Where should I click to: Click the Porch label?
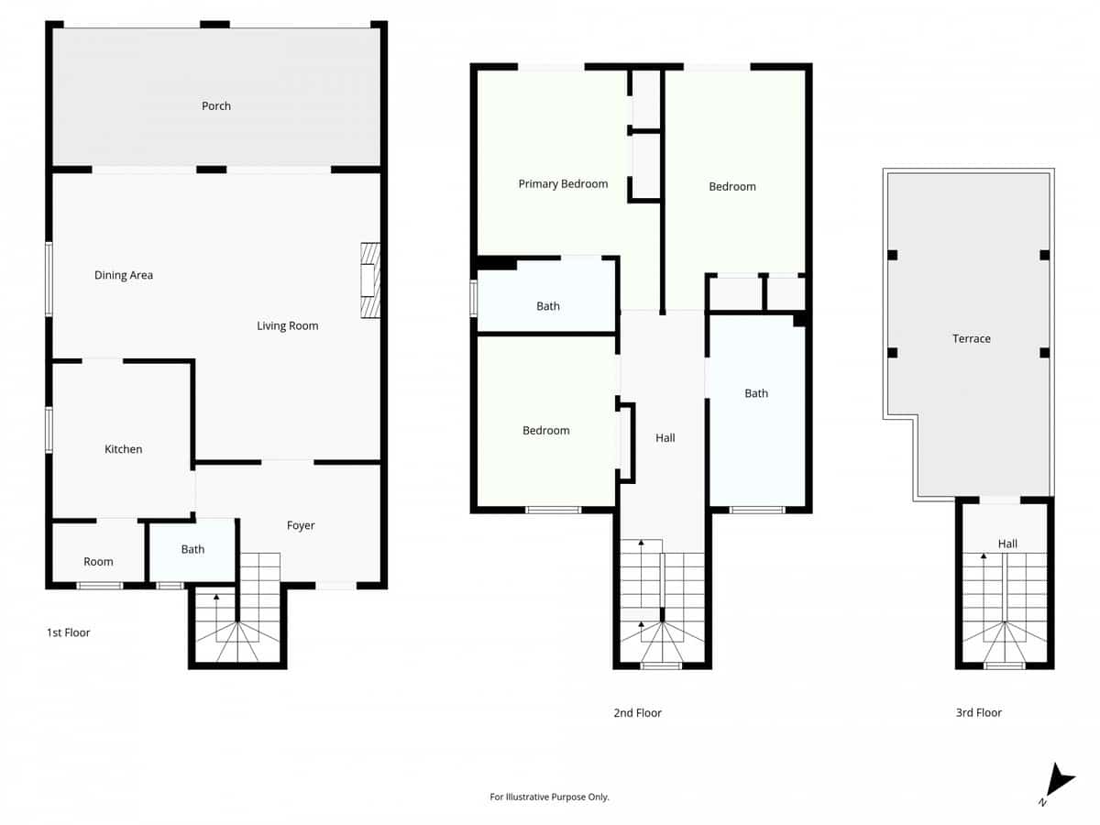216,106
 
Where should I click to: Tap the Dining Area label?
124,275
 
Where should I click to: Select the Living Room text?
287,326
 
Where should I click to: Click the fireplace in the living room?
369,280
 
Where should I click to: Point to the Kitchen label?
124,449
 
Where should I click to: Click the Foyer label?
301,526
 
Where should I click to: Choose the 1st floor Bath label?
192,550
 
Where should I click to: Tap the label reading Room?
98,562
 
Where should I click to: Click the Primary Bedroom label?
563,184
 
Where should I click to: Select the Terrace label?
971,339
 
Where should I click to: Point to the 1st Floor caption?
69,632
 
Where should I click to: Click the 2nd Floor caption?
637,713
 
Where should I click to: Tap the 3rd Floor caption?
978,713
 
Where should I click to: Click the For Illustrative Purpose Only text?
549,797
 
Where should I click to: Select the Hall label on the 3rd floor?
1007,544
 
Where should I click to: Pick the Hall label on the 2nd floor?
665,438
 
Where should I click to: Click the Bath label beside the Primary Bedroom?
548,307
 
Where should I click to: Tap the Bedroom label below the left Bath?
545,431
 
